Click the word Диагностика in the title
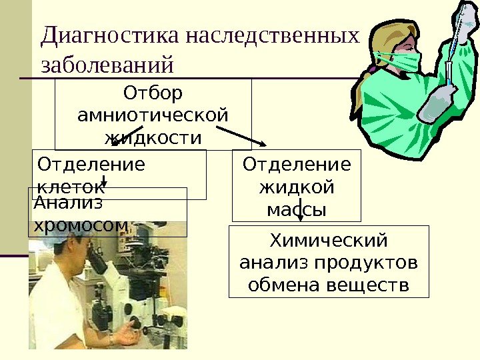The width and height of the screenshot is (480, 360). (x=111, y=35)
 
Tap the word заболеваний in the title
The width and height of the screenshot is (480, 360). (x=107, y=66)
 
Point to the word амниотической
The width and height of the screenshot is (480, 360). (x=153, y=115)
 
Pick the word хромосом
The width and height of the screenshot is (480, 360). (x=80, y=225)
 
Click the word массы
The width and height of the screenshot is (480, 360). (x=297, y=210)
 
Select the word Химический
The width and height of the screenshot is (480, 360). (x=329, y=239)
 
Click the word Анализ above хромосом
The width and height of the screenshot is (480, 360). (x=59, y=201)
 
